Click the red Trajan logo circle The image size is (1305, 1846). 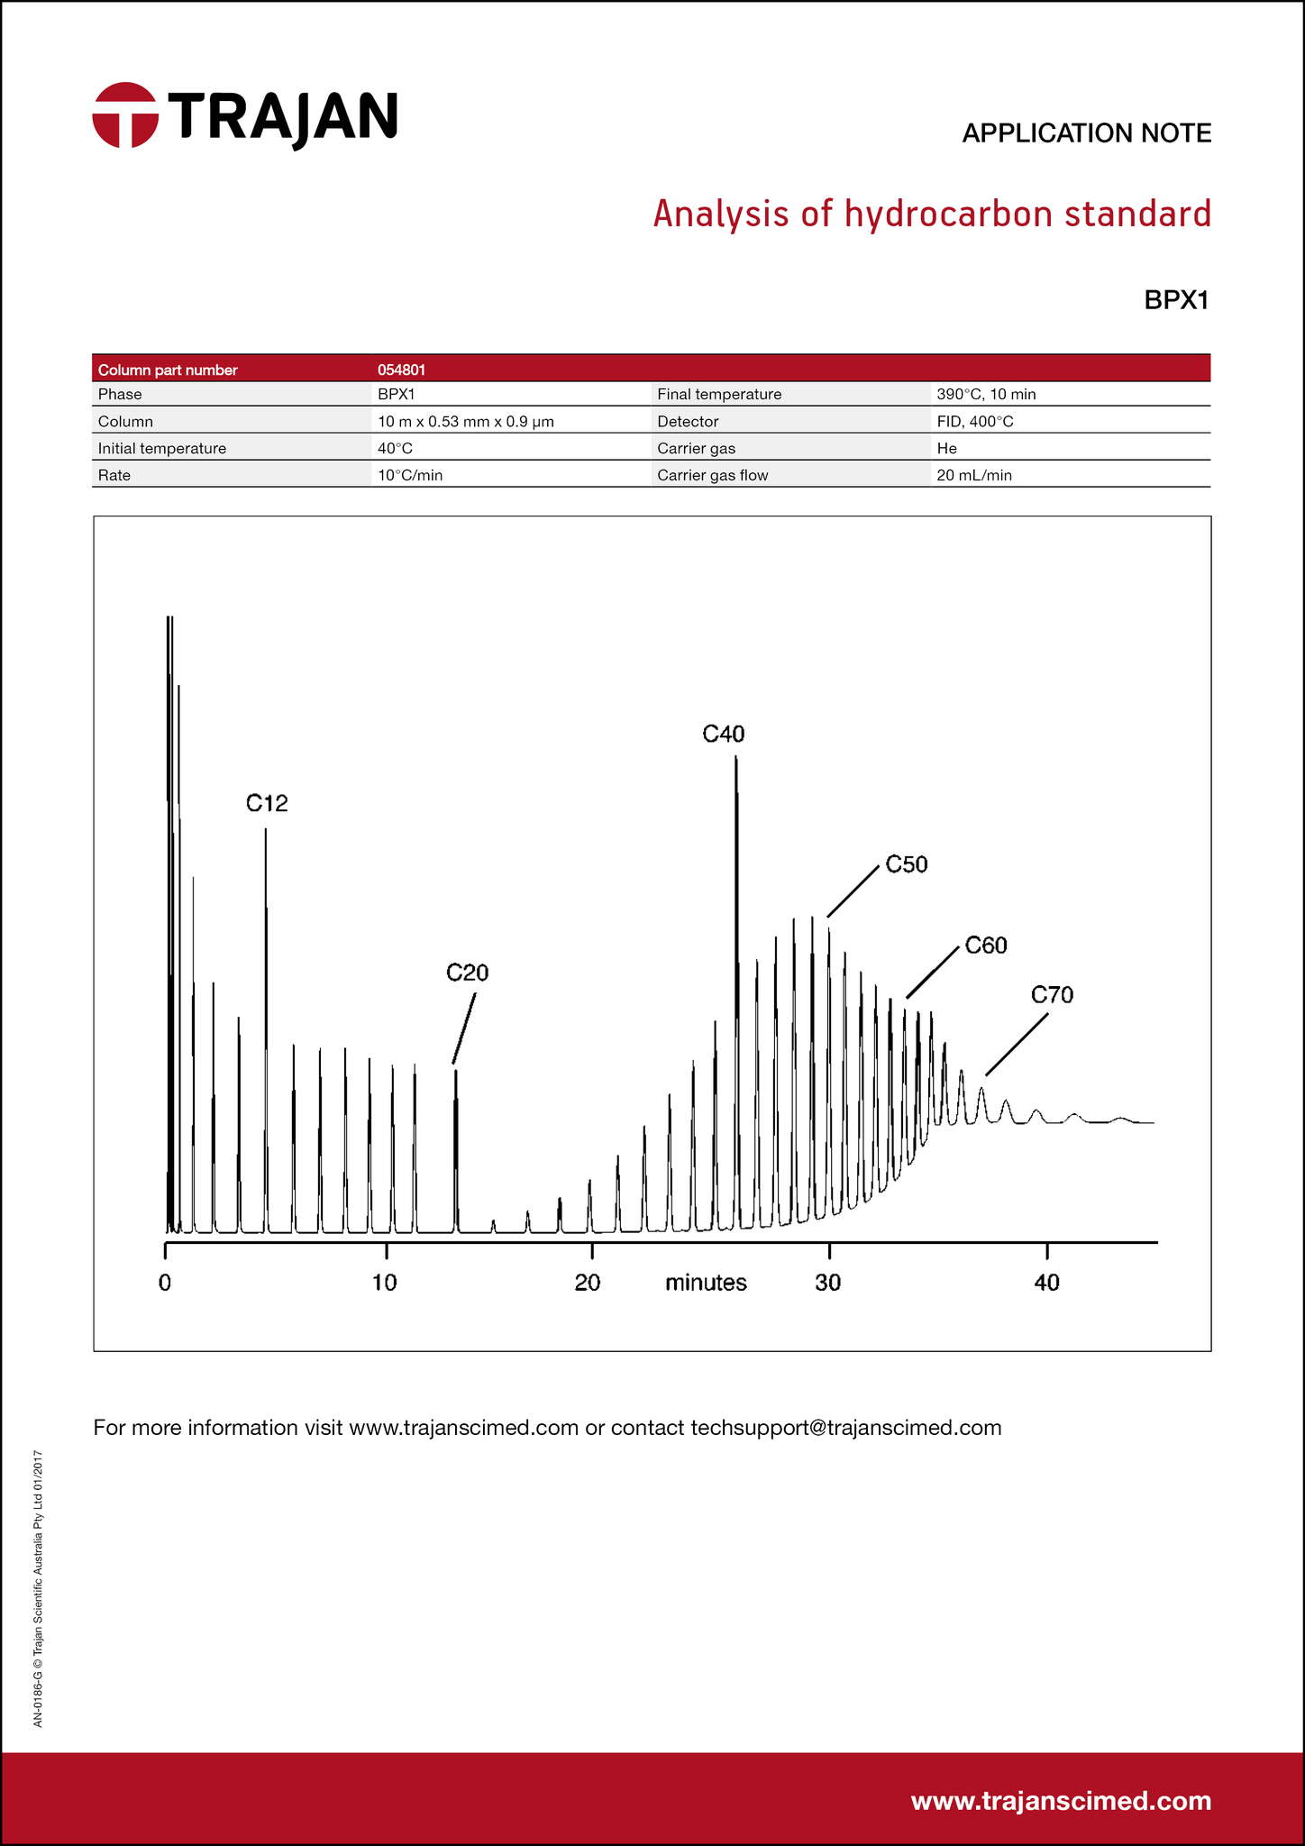click(x=125, y=115)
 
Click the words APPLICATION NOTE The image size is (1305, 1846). click(x=1086, y=133)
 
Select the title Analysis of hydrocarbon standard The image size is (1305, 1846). click(x=932, y=215)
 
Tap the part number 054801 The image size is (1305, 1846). click(x=402, y=370)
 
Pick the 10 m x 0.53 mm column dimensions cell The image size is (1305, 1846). click(x=465, y=421)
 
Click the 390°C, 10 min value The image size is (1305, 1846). click(x=986, y=394)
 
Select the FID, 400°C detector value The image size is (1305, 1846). click(x=975, y=421)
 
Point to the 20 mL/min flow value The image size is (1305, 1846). click(x=974, y=475)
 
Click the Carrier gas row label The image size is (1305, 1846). click(x=697, y=448)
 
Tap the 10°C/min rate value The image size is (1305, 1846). click(x=410, y=475)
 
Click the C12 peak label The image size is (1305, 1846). click(x=267, y=802)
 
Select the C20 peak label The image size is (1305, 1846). click(x=468, y=973)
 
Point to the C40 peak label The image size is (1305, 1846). click(x=724, y=734)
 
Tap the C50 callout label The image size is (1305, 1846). click(x=907, y=864)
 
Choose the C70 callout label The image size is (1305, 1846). click(x=1052, y=995)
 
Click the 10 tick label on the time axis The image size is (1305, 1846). click(x=385, y=1282)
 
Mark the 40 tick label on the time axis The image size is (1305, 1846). click(x=1046, y=1282)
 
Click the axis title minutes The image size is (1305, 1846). click(x=706, y=1283)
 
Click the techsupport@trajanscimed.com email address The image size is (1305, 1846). click(x=846, y=1428)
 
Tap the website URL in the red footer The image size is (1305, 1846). click(x=1061, y=1801)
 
